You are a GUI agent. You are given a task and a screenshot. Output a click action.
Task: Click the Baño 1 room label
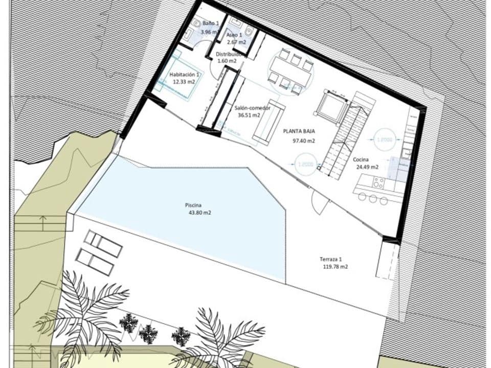[210, 24]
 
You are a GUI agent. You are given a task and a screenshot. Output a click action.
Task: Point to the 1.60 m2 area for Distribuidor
[227, 61]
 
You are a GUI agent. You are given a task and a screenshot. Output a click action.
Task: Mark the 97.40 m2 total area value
[303, 141]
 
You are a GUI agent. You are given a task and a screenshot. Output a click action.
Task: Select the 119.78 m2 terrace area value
[335, 267]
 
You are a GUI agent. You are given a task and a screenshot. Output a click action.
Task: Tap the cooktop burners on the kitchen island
[379, 182]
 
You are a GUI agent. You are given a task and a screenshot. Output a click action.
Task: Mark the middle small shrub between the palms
[148, 334]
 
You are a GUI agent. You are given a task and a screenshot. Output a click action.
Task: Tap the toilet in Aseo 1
[249, 32]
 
